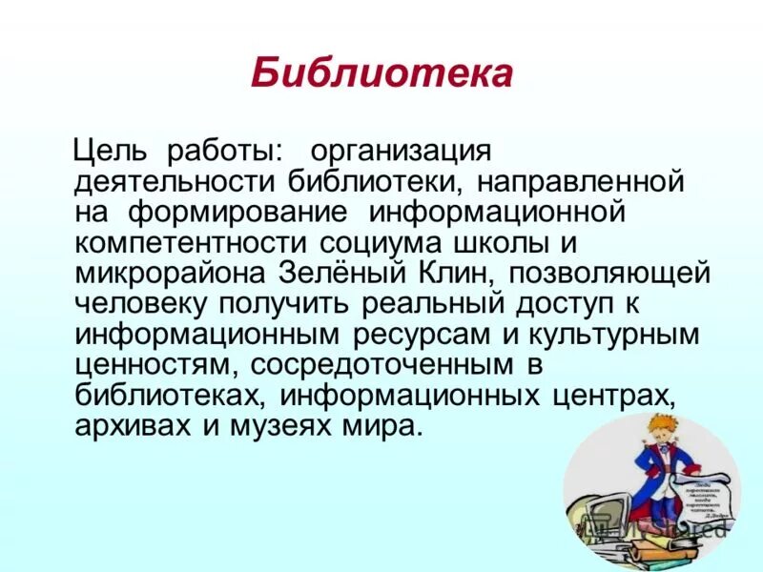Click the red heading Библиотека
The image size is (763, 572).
381,73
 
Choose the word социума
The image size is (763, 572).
356,241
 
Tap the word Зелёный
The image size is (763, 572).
340,272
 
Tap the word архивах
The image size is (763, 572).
133,423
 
